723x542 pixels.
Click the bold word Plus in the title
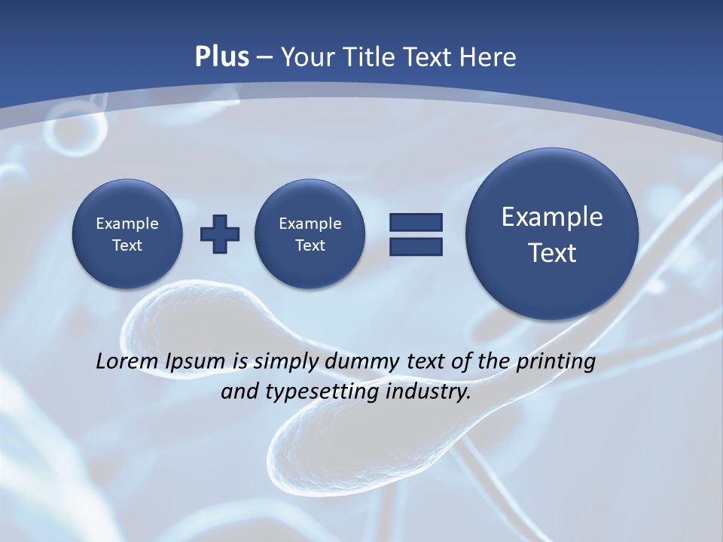221,57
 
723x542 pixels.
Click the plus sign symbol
220,234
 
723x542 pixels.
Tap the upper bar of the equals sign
416,222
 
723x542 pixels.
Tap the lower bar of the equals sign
416,246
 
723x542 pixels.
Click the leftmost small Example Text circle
127,234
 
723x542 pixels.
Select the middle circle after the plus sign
310,234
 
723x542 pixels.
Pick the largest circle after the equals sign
552,234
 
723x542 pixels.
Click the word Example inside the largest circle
552,217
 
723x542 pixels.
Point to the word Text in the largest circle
552,253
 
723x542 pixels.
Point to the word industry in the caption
428,393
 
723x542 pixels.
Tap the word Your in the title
307,57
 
